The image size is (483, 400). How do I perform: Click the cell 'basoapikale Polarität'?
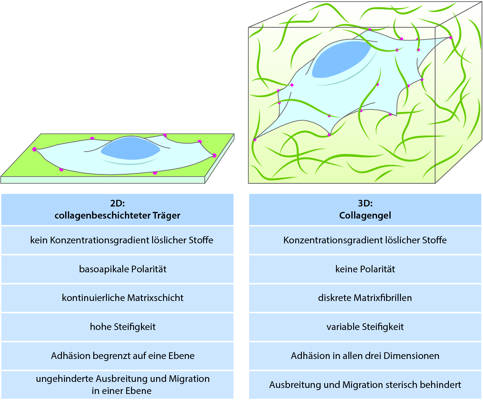123,269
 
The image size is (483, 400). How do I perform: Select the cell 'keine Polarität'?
365,269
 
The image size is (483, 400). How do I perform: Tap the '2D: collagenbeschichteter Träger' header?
117,210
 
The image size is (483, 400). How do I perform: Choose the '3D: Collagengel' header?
365,210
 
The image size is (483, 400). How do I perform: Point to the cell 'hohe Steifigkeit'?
123,327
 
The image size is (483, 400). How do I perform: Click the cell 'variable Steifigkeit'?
365,327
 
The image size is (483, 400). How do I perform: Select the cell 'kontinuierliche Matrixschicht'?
123,298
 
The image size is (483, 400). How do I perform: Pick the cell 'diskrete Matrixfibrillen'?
365,298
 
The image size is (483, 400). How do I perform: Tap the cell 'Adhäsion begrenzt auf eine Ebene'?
123,356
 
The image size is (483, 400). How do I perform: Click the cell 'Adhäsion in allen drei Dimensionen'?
365,356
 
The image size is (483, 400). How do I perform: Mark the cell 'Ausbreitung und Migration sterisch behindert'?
365,385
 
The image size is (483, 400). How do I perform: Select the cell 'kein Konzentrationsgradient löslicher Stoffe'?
122,240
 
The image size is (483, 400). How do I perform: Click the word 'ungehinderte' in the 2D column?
64,379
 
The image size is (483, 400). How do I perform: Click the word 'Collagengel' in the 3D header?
365,216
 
